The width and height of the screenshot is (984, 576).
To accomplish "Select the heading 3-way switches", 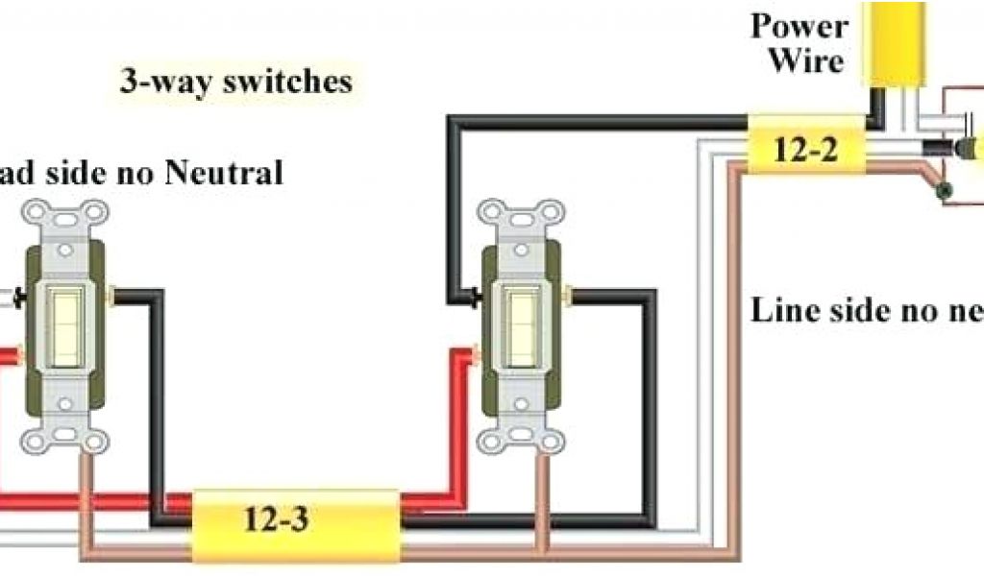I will (236, 82).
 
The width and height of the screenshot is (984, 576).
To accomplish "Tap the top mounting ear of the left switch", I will (66, 216).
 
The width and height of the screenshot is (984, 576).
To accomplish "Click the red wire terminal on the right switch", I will (476, 357).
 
